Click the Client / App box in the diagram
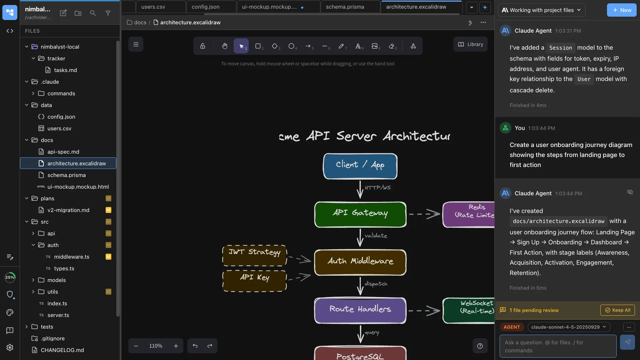tap(360, 166)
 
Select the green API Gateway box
tap(360, 214)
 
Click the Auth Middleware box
tap(360, 262)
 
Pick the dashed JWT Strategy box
tap(254, 255)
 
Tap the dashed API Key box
tap(254, 281)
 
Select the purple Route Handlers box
tap(360, 310)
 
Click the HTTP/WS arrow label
tap(377, 188)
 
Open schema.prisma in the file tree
tap(66, 175)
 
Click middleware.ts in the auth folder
tap(72, 257)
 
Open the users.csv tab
tap(153, 7)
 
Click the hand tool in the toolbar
tap(225, 46)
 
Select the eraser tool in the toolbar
tap(392, 46)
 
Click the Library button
tap(470, 44)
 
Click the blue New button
tap(621, 10)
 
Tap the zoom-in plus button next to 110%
tap(176, 346)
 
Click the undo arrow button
tap(195, 346)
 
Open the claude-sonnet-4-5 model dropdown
tap(569, 327)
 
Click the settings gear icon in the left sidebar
tap(10, 347)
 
